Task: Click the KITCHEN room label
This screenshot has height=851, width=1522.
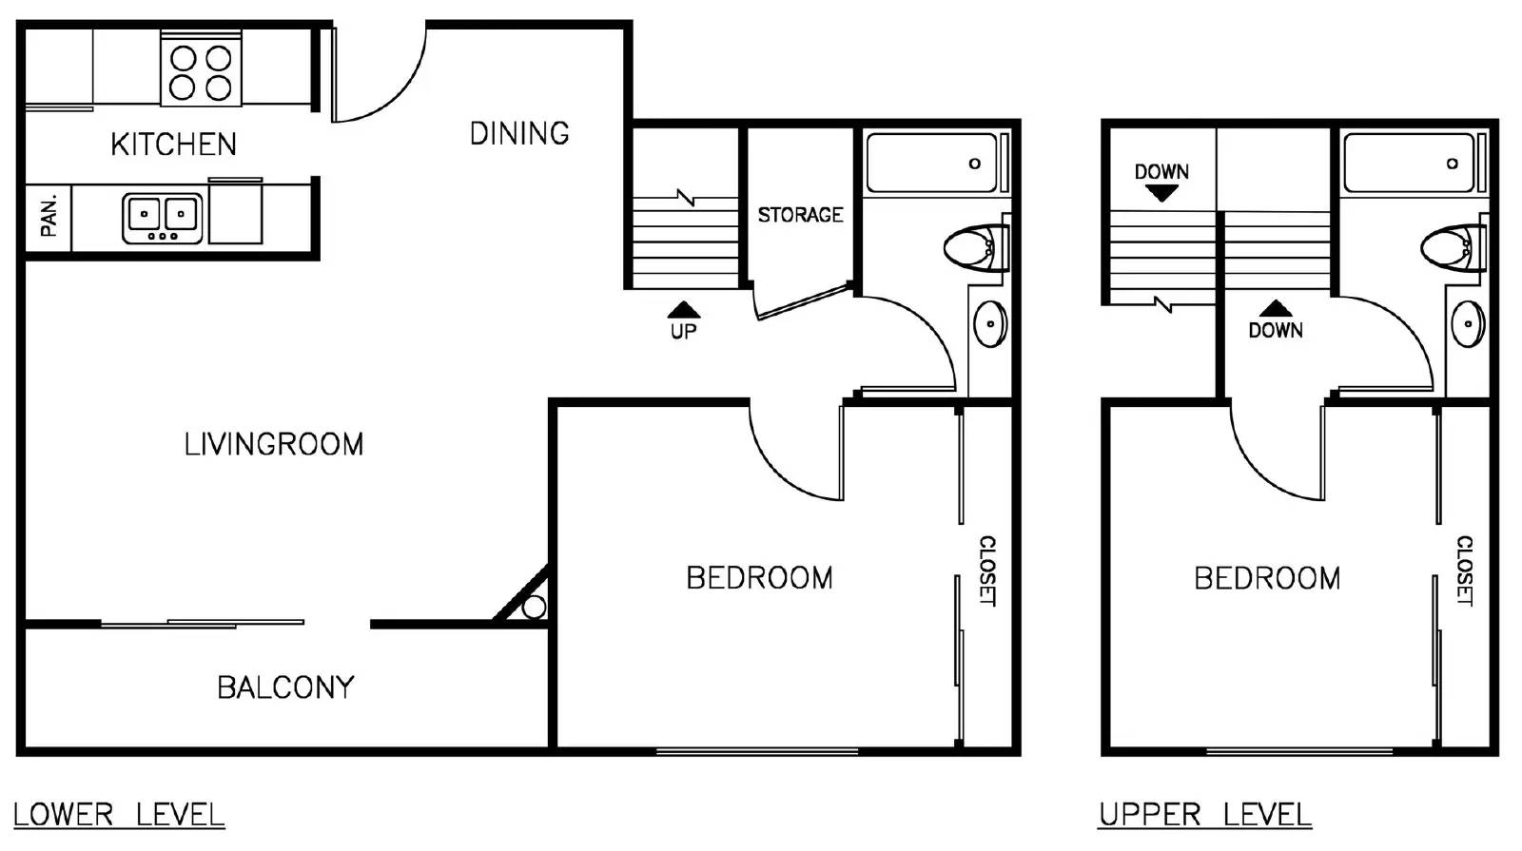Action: pos(173,145)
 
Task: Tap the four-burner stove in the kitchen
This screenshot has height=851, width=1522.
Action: pos(201,72)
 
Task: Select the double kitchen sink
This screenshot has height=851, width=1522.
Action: pos(163,218)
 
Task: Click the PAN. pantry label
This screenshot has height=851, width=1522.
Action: pos(49,217)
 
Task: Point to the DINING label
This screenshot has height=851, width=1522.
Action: pos(519,133)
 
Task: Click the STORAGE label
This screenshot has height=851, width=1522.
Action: pos(800,215)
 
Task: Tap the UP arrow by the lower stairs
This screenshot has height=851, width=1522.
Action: pos(683,311)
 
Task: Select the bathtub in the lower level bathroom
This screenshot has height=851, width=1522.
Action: pos(932,164)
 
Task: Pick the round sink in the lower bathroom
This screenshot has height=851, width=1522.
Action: pos(990,324)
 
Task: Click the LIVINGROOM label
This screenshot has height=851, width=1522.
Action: pos(274,444)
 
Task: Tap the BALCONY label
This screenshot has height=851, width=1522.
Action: pos(285,687)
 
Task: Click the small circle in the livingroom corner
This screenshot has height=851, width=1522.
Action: pos(534,607)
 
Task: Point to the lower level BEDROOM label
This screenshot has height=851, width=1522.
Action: pos(759,578)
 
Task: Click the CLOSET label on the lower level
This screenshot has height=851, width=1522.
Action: pos(987,571)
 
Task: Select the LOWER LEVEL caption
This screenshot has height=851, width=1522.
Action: pos(119,815)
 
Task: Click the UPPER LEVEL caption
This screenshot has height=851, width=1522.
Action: pos(1204,815)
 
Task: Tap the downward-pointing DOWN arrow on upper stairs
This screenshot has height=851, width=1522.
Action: pos(1161,193)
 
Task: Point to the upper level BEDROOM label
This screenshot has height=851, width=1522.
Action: pos(1267,578)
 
